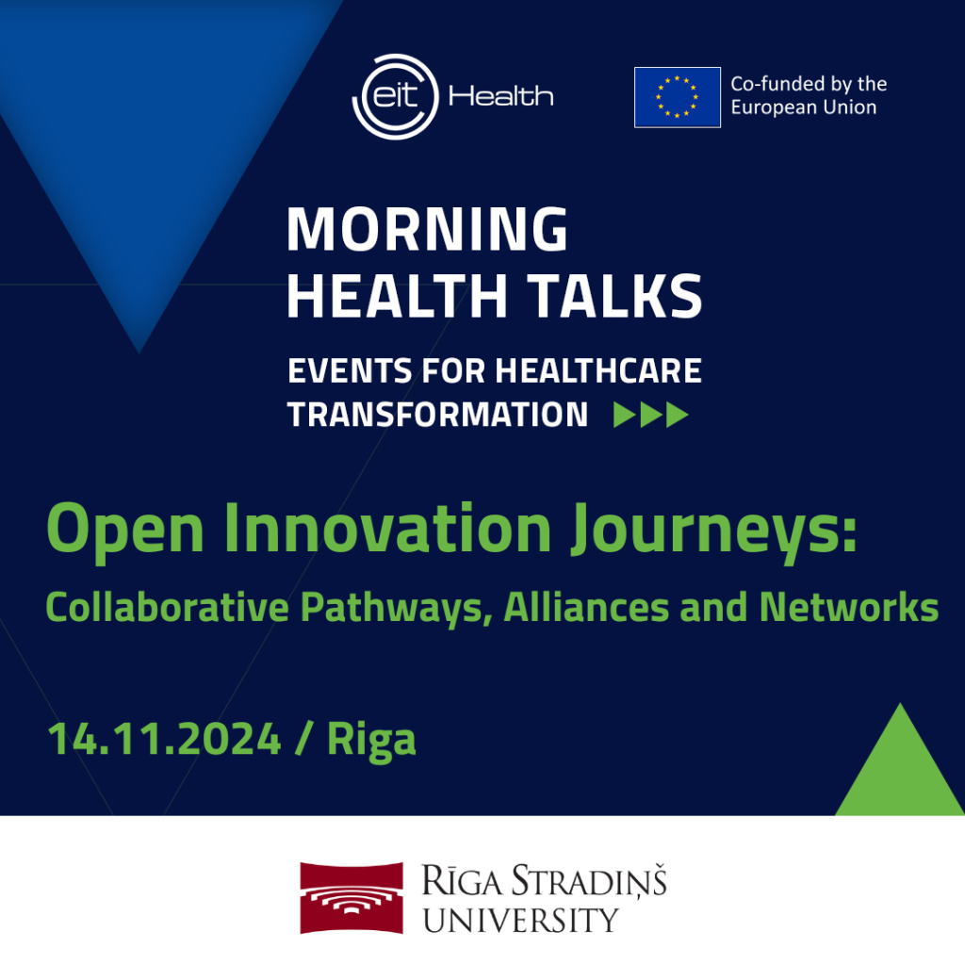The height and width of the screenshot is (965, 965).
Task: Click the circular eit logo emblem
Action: pos(395,97)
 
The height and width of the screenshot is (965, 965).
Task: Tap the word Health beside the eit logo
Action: pos(501,97)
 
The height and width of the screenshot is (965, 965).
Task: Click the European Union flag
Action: pos(677,97)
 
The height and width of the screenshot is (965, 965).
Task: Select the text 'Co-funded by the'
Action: pos(809,84)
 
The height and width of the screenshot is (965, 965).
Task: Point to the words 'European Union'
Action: pos(804,107)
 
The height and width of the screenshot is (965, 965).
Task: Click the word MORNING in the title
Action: pos(427,229)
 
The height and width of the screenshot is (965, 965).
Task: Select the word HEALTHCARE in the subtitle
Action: pos(598,371)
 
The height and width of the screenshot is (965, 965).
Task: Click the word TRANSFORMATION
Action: pos(437,415)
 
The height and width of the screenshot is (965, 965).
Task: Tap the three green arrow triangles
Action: pos(650,415)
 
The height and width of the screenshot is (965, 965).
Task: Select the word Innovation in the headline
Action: pos(387,528)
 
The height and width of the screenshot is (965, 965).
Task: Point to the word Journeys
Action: pos(714,532)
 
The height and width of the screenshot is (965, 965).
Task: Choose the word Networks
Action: pos(849,608)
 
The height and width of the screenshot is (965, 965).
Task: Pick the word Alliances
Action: pos(586,608)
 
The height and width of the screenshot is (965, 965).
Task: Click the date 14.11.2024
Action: pos(164,739)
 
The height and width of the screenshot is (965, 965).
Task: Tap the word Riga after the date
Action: pos(371,741)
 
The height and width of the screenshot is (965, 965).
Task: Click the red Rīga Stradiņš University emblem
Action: pos(352,898)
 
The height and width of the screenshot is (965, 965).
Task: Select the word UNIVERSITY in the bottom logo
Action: pos(520,921)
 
